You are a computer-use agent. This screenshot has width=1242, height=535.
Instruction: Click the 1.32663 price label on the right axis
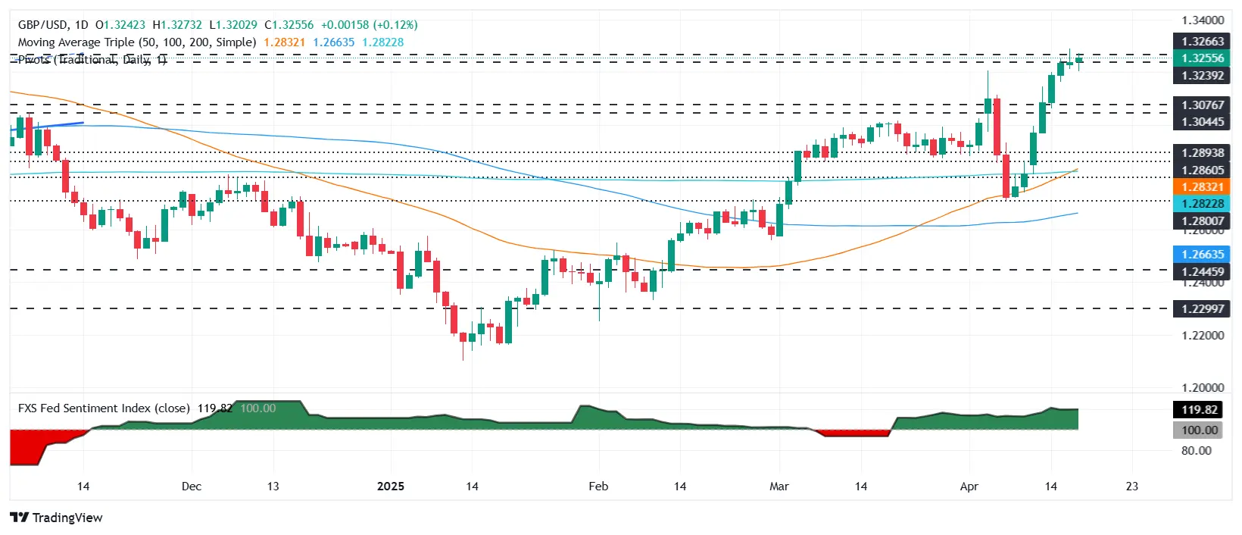(1203, 42)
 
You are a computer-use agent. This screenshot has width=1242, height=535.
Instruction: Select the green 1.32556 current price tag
(1203, 58)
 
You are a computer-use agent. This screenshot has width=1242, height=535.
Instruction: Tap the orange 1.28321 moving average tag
(1203, 187)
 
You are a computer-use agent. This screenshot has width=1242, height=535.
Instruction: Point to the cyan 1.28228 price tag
(1203, 204)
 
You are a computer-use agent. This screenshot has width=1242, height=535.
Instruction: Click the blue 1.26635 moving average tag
(1203, 255)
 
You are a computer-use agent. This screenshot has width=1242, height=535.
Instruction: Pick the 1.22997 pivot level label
(1203, 309)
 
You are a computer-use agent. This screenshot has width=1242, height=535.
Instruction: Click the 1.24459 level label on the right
(1203, 271)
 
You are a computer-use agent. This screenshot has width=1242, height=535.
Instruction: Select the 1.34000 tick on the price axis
(1203, 20)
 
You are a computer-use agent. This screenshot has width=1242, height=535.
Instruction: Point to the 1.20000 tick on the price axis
(1203, 387)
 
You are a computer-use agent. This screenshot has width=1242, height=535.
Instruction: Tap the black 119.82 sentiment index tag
(1200, 410)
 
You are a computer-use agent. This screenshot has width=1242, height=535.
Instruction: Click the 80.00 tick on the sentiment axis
(1196, 450)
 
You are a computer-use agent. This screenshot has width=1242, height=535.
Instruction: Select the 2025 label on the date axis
(391, 487)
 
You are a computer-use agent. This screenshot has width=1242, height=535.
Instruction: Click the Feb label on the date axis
(598, 487)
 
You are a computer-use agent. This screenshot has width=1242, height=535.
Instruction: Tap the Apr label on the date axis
(969, 487)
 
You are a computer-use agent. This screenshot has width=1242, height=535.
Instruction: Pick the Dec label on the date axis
(192, 487)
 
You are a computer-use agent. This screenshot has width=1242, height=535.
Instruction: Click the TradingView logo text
(67, 518)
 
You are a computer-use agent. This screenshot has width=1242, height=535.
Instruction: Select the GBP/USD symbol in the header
(42, 25)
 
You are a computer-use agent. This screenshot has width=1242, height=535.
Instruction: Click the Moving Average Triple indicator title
(136, 42)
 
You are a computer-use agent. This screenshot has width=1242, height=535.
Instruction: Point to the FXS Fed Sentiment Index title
(104, 408)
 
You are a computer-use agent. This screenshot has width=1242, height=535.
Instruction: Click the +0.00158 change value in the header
(345, 25)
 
